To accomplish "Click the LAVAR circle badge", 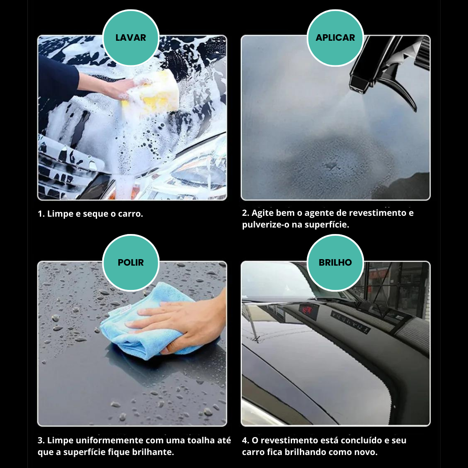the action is tap(131, 38).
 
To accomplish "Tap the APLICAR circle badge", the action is tap(335, 38).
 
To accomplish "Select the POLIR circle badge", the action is tap(131, 263).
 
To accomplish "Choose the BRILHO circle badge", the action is tap(335, 263).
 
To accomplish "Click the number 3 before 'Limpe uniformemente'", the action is tap(41, 441).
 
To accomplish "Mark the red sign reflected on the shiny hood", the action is tap(307, 311).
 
